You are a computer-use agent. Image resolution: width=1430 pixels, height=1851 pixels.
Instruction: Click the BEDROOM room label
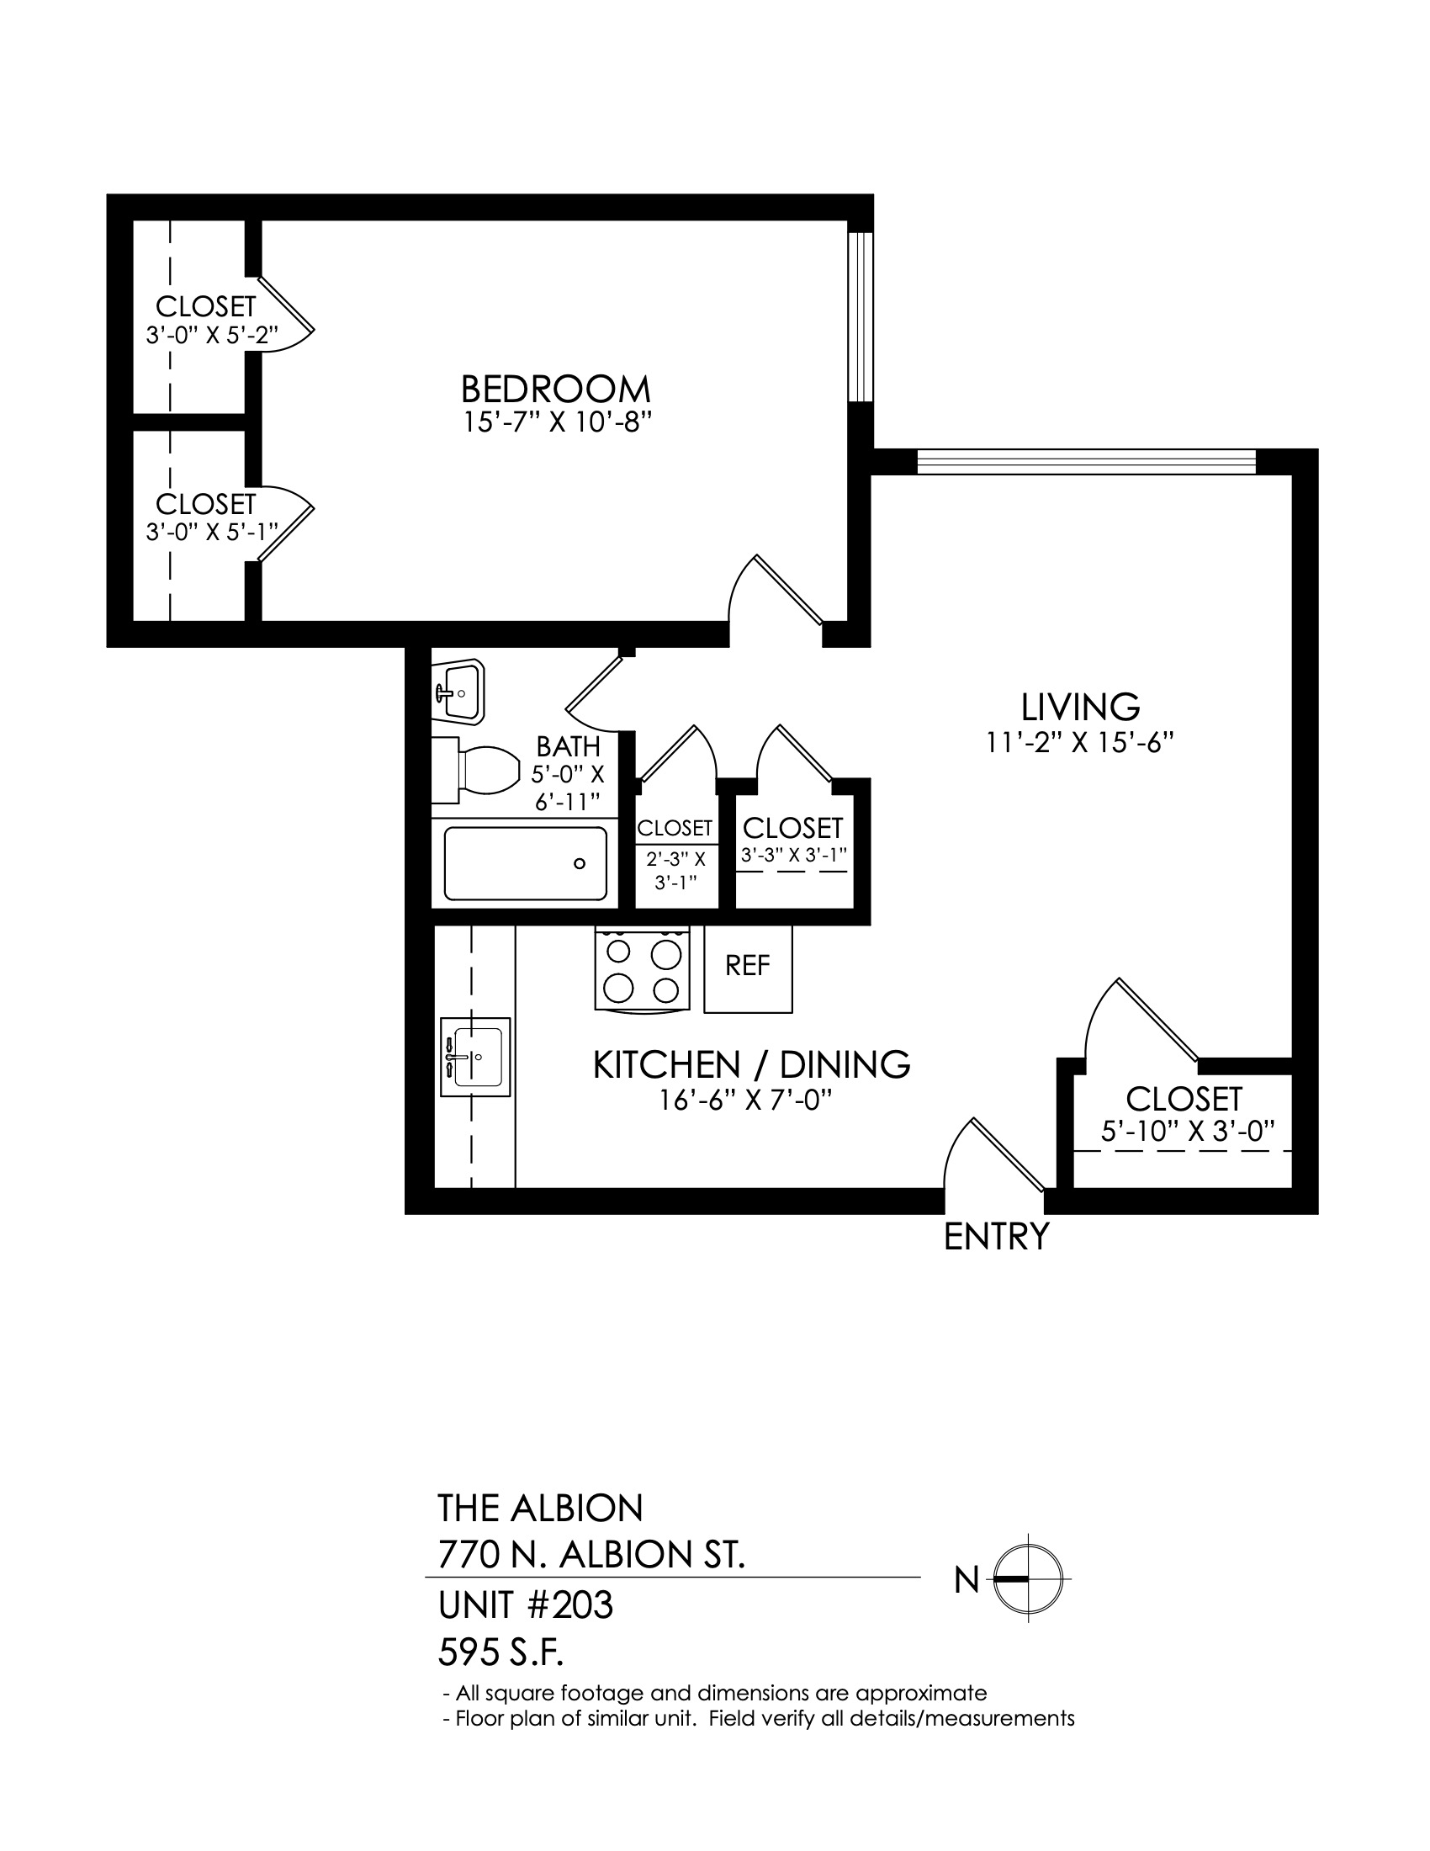(556, 389)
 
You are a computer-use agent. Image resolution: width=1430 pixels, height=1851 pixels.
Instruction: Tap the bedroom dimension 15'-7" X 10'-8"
(560, 422)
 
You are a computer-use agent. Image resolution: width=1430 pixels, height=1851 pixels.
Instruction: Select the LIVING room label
(1080, 707)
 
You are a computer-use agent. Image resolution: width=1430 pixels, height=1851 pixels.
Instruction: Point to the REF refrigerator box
(748, 968)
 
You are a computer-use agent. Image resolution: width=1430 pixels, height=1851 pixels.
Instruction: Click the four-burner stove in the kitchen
(642, 968)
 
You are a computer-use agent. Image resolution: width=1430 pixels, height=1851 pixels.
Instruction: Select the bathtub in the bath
(525, 863)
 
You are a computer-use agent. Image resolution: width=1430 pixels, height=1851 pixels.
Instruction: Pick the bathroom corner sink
(458, 692)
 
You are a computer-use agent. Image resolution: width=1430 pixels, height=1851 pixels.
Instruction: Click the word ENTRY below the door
(996, 1237)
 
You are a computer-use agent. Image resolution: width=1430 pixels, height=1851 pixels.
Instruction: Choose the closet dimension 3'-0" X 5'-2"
(212, 335)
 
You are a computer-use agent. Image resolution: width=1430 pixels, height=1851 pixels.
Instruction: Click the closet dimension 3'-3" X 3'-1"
(794, 855)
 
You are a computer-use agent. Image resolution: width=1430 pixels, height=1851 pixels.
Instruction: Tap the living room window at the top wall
(1087, 461)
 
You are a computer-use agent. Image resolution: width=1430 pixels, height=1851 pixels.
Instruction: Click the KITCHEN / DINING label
(751, 1065)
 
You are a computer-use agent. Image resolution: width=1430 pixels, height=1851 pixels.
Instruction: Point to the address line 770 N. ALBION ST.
(591, 1555)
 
